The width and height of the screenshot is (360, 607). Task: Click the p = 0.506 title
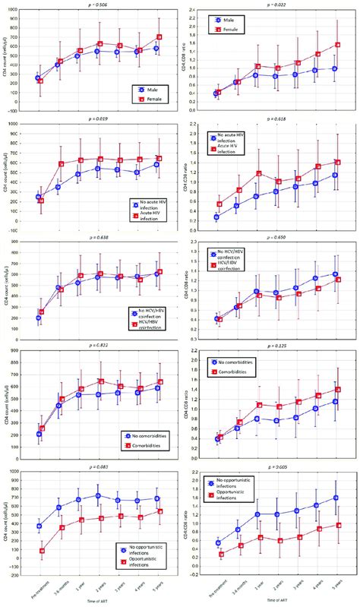pos(99,4)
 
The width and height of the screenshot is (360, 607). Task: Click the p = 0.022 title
pos(276,4)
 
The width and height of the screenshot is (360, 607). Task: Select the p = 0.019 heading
pos(99,119)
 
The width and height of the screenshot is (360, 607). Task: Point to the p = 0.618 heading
pos(276,119)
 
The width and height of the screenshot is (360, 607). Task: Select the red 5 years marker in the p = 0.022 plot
pos(335,45)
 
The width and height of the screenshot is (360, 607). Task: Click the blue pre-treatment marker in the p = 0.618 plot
pos(218,217)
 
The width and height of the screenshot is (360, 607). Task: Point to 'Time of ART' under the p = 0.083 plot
pos(99,602)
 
